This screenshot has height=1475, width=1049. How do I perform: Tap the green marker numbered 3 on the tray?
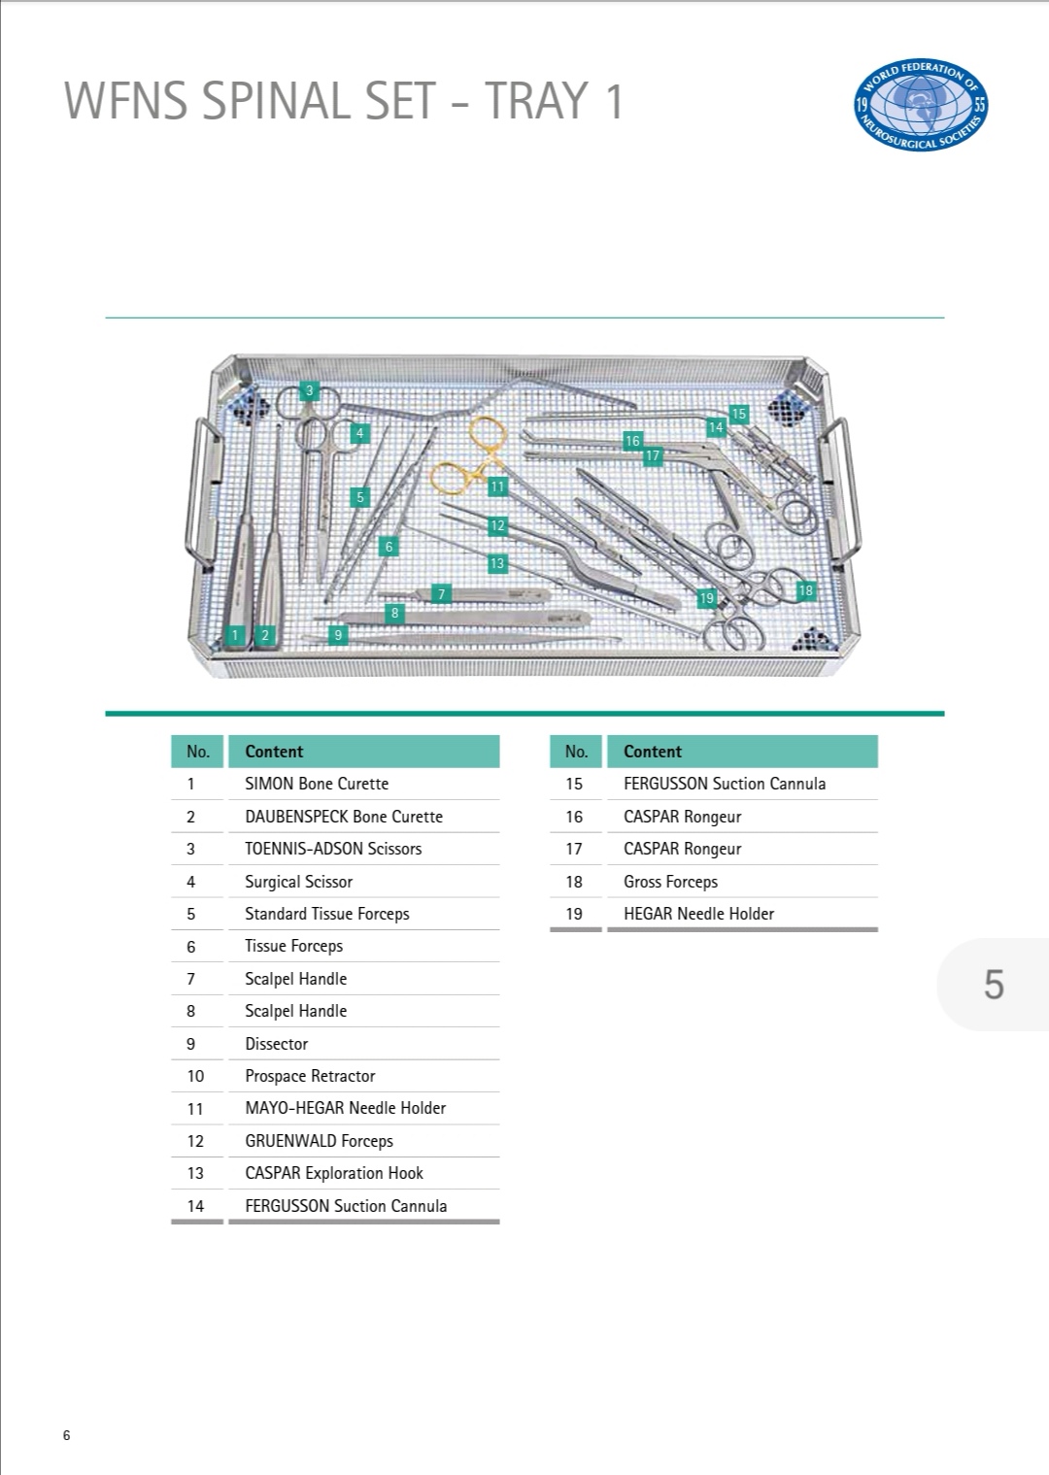pos(310,391)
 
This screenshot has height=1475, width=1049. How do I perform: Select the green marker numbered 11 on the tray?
pos(498,486)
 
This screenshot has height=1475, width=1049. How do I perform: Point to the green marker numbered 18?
pos(805,590)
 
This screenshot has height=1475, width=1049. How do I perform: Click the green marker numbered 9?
pos(339,635)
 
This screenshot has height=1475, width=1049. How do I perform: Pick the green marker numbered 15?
pos(739,415)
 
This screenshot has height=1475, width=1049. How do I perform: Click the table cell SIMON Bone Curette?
pos(317,784)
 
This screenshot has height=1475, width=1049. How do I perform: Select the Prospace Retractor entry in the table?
pos(310,1076)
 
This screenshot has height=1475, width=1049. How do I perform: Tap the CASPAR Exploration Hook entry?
pos(334,1173)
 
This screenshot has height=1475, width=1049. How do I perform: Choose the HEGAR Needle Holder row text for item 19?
pos(698,914)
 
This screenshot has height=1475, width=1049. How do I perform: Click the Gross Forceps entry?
pos(670,882)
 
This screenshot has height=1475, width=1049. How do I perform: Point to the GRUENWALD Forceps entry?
pos(319,1141)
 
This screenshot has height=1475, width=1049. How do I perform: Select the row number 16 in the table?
pos(574,817)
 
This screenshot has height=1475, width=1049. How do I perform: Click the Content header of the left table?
pos(274,752)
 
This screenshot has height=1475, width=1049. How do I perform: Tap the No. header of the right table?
pos(576,752)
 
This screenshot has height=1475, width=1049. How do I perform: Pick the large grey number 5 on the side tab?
pos(994,985)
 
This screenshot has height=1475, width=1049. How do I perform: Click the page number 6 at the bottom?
pos(66,1436)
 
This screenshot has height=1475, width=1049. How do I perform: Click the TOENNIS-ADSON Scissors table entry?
pos(333,849)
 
